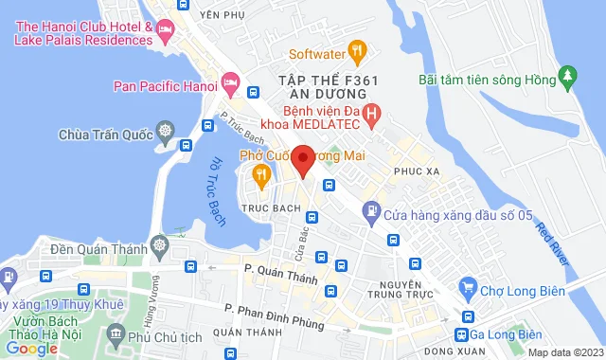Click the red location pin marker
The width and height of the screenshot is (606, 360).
click(303, 160)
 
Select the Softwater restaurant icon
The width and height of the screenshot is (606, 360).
click(357, 49)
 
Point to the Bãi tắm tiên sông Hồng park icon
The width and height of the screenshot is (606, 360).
click(568, 75)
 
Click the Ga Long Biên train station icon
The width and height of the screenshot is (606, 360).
click(462, 334)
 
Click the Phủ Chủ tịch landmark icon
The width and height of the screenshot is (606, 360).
click(116, 333)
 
